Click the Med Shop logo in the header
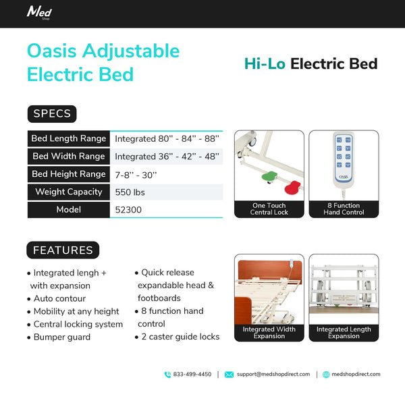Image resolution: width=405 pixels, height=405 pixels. (39, 12)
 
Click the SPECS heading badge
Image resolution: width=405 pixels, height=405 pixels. (52, 113)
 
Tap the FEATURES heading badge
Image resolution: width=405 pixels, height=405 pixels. (63, 250)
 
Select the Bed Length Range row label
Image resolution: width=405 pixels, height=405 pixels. (68, 138)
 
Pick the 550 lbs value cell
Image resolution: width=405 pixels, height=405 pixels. (130, 192)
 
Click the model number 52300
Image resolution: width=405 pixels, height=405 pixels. (128, 210)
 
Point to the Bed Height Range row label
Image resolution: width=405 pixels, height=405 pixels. (68, 174)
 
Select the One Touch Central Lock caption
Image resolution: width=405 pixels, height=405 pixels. (269, 209)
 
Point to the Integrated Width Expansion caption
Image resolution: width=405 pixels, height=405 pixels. (269, 333)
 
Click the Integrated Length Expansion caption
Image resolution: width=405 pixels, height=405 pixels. (344, 333)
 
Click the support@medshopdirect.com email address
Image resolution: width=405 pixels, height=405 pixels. (273, 374)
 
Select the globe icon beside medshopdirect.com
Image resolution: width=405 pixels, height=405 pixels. (326, 375)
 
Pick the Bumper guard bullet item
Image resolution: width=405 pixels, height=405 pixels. (61, 337)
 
